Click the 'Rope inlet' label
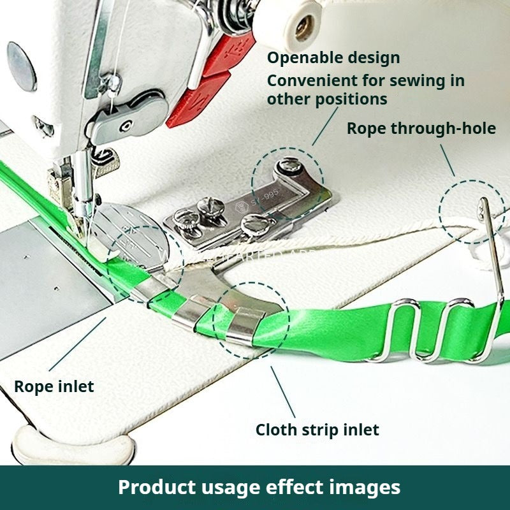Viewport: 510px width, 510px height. (54, 386)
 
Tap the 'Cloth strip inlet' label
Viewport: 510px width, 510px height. (317, 430)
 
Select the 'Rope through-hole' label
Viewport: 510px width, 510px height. (421, 128)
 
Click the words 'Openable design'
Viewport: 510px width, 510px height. (333, 57)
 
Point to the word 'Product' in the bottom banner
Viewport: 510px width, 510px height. (157, 487)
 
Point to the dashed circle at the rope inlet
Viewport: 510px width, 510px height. (145, 265)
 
